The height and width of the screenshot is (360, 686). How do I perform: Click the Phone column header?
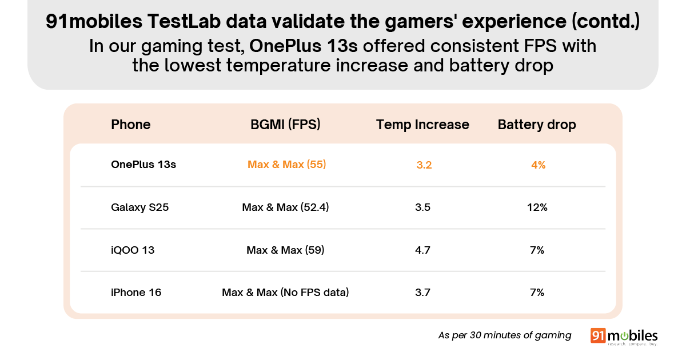tap(130, 125)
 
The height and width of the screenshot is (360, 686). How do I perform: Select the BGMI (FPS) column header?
tap(285, 125)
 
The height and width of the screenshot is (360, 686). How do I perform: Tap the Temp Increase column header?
tap(422, 125)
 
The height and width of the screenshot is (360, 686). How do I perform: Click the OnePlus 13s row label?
tap(143, 165)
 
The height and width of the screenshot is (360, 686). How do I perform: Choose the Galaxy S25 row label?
tap(139, 207)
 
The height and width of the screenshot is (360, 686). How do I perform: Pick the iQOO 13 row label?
tap(133, 250)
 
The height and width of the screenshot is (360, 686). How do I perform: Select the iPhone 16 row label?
tap(136, 293)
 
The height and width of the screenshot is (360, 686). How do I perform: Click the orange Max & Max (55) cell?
tap(286, 165)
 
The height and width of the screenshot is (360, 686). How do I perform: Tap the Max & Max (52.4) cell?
tap(285, 207)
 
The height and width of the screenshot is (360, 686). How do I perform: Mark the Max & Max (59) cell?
tap(285, 250)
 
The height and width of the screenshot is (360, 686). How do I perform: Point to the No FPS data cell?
tap(285, 293)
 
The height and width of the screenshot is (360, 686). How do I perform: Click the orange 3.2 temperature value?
tap(424, 165)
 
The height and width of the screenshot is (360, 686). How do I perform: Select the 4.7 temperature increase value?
tap(423, 250)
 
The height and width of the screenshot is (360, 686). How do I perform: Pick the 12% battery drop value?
tap(537, 207)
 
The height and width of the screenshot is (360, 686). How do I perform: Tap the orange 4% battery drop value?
tap(538, 165)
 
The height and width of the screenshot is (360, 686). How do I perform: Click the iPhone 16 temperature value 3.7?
tap(423, 293)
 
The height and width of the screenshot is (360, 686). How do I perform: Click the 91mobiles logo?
tap(624, 337)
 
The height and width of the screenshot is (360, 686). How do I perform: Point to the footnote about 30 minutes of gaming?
tap(505, 335)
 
